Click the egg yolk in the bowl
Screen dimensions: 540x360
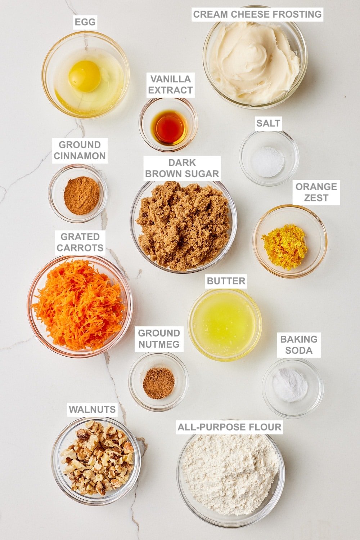point(85,76)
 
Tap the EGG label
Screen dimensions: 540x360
point(85,22)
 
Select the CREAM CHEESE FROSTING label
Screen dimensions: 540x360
point(257,14)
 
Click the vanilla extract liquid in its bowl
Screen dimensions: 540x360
point(169,127)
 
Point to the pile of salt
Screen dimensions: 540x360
point(267,162)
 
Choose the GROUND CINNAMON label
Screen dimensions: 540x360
point(80,151)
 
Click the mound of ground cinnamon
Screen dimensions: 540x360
point(81,196)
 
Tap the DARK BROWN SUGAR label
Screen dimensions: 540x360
point(182,168)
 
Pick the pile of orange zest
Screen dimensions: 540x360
point(284,247)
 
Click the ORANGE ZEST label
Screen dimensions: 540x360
point(316,192)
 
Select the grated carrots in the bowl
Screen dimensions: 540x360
point(78,304)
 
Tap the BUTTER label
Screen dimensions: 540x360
point(226,281)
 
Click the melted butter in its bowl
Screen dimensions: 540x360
point(224,324)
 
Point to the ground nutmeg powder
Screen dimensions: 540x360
point(158,383)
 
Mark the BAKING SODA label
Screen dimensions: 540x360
point(299,345)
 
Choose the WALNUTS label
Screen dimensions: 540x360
point(92,410)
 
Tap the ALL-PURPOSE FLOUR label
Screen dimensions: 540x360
point(229,427)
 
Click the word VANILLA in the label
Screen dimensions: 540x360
point(170,79)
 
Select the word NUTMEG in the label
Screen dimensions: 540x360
point(159,344)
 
